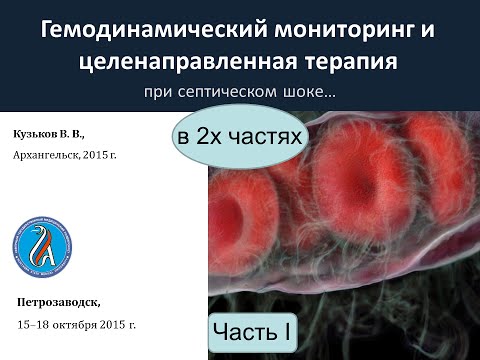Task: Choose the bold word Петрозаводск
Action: point(59,302)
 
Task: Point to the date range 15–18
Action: point(37,324)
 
